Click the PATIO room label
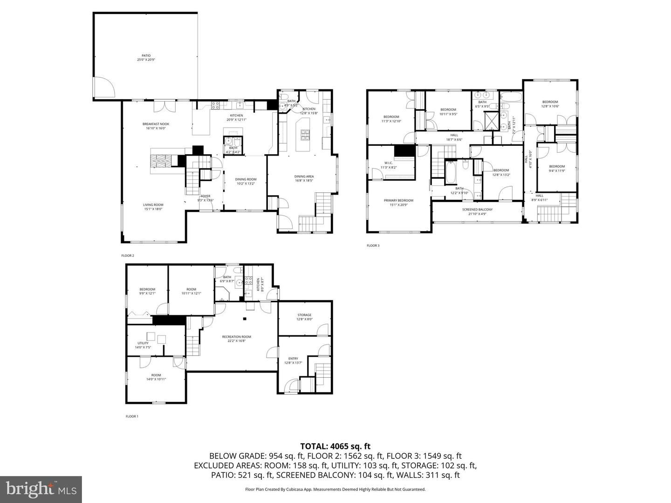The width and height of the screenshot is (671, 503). click(x=146, y=55)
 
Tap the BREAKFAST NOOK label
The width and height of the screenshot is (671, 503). click(x=156, y=124)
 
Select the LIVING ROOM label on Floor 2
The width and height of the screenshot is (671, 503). click(x=153, y=204)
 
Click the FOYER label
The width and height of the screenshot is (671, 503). click(x=205, y=196)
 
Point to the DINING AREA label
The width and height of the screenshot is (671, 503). click(x=304, y=177)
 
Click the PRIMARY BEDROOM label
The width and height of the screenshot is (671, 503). click(x=398, y=201)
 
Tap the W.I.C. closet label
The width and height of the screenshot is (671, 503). click(x=388, y=163)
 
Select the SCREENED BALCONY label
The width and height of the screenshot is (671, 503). click(x=477, y=210)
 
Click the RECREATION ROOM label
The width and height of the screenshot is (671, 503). click(x=236, y=337)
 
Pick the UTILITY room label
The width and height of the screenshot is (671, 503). click(x=143, y=343)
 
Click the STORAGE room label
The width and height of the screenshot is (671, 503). click(x=304, y=315)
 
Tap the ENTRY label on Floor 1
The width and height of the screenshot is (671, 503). click(x=293, y=359)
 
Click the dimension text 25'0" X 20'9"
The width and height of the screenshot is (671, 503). click(x=146, y=60)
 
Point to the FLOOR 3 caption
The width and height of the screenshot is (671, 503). click(x=373, y=245)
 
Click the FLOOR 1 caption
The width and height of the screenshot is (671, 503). click(x=132, y=416)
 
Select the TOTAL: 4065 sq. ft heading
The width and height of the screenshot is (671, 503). click(x=335, y=446)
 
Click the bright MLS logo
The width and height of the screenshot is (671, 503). click(x=41, y=489)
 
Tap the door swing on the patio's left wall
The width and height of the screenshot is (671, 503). click(x=101, y=87)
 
